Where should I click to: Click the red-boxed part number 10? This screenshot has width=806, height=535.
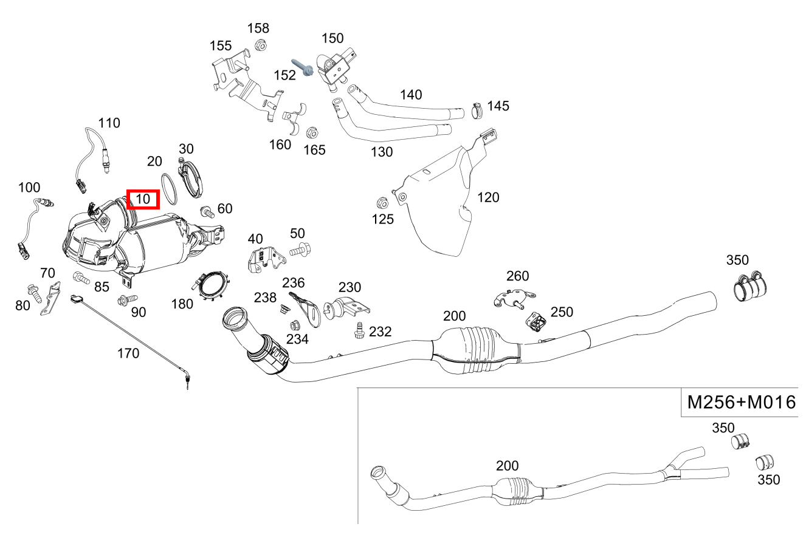(x=142, y=199)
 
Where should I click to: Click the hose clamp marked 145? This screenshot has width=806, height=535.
(x=476, y=111)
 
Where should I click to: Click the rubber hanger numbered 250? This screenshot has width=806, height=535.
(x=536, y=322)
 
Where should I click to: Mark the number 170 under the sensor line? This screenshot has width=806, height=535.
(x=128, y=353)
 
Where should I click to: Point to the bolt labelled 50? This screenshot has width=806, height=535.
(x=300, y=249)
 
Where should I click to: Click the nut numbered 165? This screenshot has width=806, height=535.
(x=313, y=133)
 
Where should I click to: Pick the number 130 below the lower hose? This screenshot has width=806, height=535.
(x=382, y=152)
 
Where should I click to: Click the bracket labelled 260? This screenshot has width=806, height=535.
(x=513, y=297)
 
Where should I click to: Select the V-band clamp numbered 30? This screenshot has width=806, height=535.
(x=193, y=179)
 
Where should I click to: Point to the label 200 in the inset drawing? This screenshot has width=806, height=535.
(x=507, y=466)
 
